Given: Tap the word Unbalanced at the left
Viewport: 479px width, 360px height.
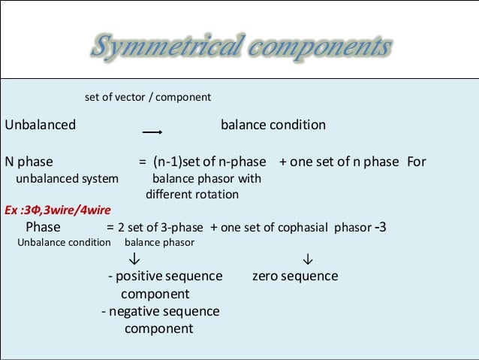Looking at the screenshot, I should click(41, 125).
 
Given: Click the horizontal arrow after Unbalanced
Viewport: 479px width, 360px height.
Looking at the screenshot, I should click(152, 132).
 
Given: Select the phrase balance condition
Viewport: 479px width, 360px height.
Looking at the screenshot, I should click(273, 125).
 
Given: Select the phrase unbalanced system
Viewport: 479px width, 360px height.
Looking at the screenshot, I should click(68, 179).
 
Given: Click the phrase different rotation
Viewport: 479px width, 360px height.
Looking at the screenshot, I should click(192, 195).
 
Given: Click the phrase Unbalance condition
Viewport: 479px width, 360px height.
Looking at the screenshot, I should click(64, 243).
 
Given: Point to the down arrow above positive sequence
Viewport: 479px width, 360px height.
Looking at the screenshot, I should click(133, 259).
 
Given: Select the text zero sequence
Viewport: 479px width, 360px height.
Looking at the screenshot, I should click(295, 277).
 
